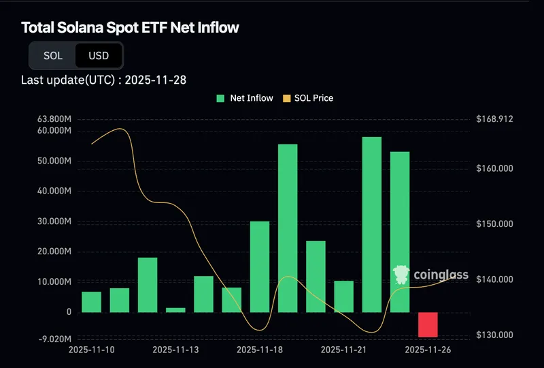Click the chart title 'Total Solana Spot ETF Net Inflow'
[130, 28]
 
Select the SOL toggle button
[53, 56]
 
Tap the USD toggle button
[99, 56]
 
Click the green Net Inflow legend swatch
[220, 98]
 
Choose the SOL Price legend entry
[308, 98]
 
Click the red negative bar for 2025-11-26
[428, 324]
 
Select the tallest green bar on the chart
[372, 224]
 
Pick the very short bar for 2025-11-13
[175, 309]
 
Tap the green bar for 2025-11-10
[92, 301]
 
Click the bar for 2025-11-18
[260, 266]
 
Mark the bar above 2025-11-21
[344, 296]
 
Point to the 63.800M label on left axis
[56, 119]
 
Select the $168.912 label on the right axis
[494, 119]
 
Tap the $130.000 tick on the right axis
[494, 335]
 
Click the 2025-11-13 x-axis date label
[175, 350]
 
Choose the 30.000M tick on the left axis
[56, 221]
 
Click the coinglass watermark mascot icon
[402, 274]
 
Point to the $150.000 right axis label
[494, 224]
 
